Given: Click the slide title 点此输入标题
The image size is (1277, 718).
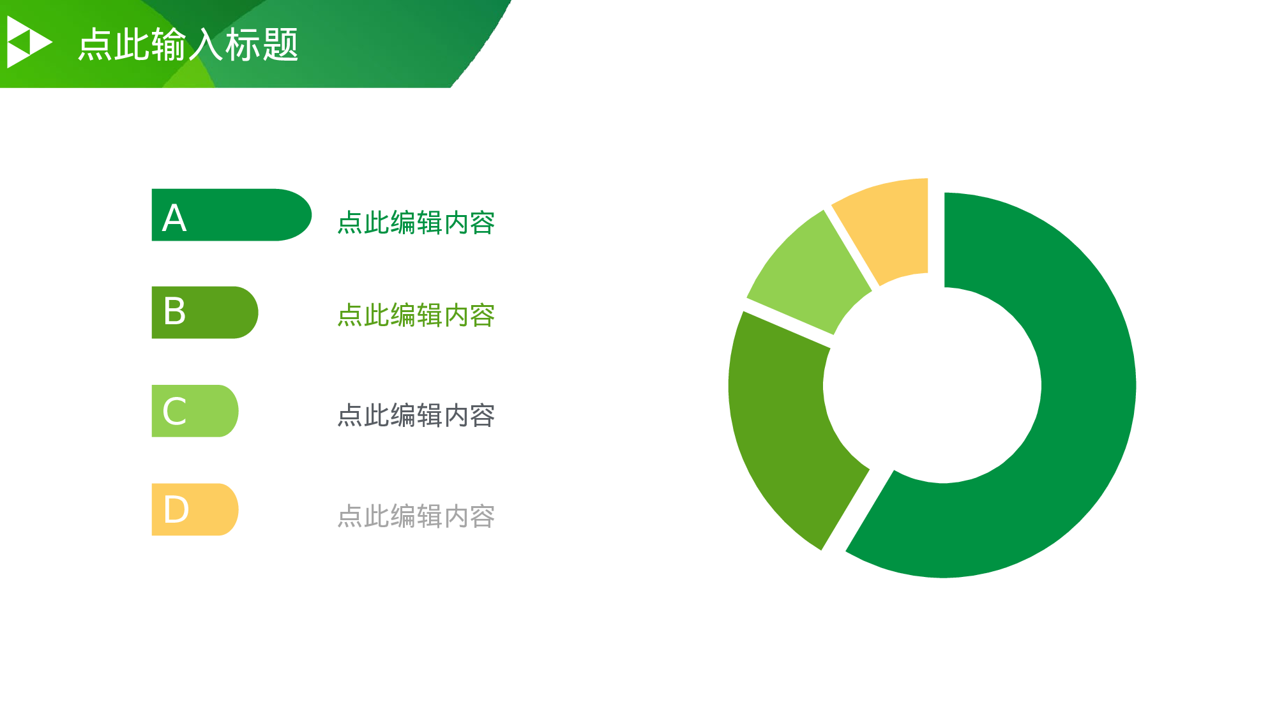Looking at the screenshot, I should pyautogui.click(x=188, y=45).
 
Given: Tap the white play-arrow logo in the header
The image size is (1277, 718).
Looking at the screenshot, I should pyautogui.click(x=28, y=42).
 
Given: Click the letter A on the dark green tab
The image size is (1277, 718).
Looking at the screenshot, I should pyautogui.click(x=174, y=218).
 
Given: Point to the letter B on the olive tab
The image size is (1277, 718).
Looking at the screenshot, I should pyautogui.click(x=174, y=311).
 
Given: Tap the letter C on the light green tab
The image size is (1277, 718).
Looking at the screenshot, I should pyautogui.click(x=174, y=412).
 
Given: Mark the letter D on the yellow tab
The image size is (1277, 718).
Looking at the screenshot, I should pyautogui.click(x=176, y=510).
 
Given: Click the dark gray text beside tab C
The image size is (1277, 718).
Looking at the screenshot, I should pyautogui.click(x=416, y=415).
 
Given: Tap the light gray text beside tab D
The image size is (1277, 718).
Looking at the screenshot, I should pyautogui.click(x=416, y=516).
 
